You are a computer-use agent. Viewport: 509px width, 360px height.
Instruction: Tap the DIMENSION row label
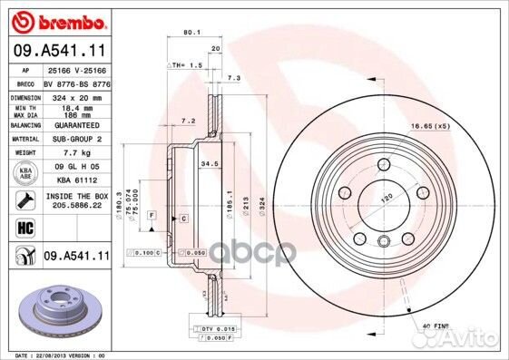24,96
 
